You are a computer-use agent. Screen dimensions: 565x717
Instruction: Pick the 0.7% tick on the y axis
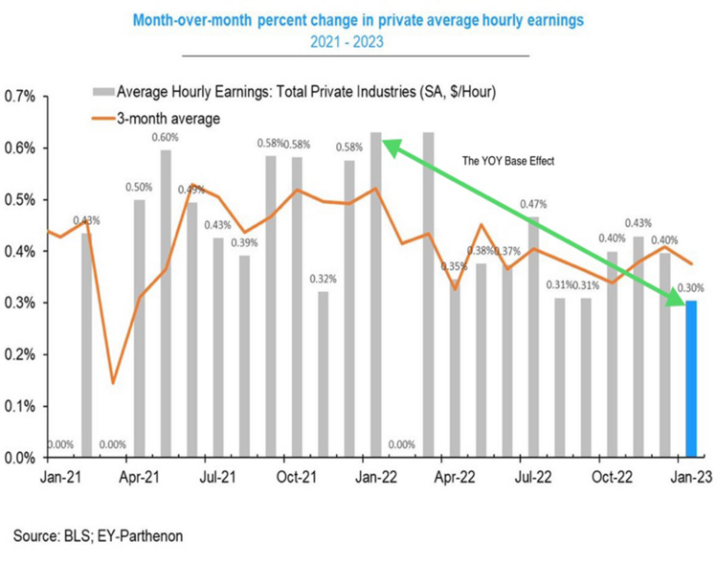coord(21,97)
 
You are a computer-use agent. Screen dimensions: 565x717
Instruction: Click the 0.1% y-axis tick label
coord(21,406)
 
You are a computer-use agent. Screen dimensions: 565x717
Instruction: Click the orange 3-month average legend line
coord(101,119)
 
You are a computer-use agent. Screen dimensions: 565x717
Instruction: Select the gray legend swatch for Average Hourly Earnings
coord(101,93)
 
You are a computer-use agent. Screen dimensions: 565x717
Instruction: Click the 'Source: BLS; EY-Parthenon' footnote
coord(98,535)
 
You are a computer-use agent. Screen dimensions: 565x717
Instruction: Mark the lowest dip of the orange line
coord(114,383)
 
